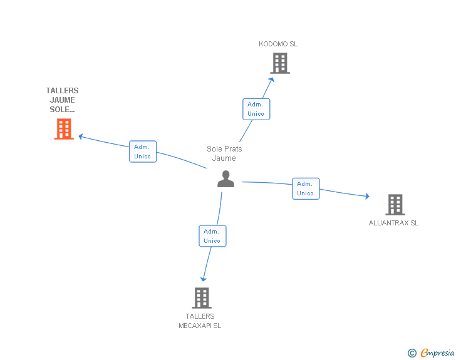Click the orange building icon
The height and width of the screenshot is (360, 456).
tap(64, 129)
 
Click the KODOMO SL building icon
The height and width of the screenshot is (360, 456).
tap(280, 63)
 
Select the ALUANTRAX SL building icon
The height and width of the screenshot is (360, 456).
tap(395, 205)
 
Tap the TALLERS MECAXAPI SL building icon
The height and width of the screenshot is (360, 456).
tap(202, 298)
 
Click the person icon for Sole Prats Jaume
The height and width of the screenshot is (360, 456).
tap(225, 179)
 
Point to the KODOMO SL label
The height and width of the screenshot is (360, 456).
tap(278, 44)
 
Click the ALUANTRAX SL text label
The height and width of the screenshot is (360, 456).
tap(393, 223)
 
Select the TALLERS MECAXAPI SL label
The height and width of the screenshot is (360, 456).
tap(200, 321)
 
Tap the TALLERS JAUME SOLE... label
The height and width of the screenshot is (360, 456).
tap(62, 100)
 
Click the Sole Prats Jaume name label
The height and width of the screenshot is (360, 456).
tap(224, 153)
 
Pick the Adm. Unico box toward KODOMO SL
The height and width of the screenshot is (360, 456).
tap(256, 109)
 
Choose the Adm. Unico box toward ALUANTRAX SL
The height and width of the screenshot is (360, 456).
tap(306, 188)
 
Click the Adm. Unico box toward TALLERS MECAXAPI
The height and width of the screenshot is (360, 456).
tap(212, 236)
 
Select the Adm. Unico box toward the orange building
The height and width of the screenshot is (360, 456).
tap(143, 152)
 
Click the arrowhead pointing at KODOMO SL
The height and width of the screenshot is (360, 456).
tap(272, 80)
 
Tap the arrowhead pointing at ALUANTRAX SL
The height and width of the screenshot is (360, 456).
tap(367, 196)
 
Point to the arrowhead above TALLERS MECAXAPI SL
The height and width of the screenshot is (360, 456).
tap(204, 279)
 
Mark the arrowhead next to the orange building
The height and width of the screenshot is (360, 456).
tap(81, 136)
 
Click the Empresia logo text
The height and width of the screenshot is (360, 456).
tap(437, 352)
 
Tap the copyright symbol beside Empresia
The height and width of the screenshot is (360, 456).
tap(412, 353)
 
